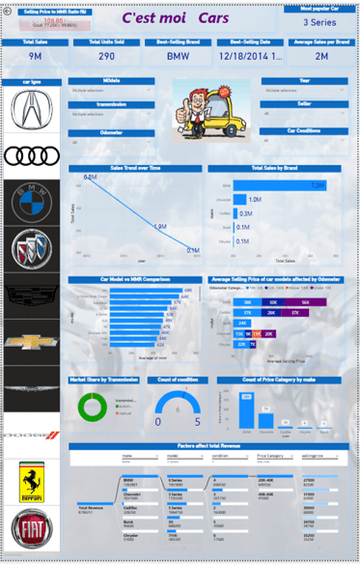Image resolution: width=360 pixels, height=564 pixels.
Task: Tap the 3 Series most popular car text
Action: (x=319, y=21)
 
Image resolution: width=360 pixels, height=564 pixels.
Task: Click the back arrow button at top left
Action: (x=8, y=8)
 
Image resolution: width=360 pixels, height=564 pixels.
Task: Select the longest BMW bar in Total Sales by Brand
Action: (x=280, y=185)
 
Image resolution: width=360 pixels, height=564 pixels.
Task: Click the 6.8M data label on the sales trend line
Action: (x=90, y=178)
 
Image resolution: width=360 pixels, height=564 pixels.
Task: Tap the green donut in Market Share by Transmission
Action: (x=87, y=406)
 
